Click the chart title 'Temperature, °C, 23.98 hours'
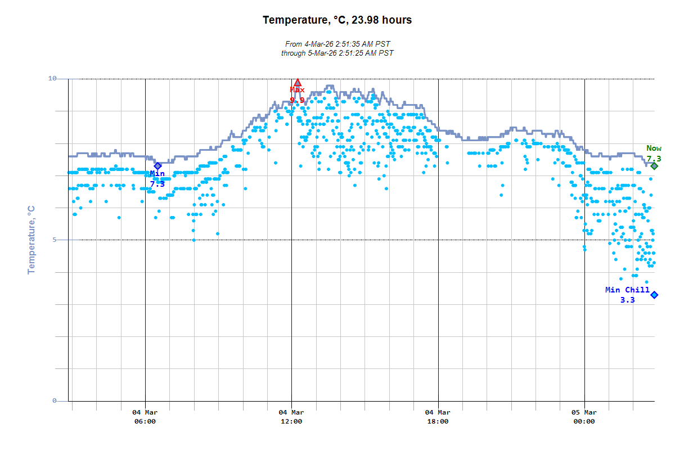(x=337, y=20)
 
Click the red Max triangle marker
(x=298, y=83)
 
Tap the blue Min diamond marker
(x=158, y=165)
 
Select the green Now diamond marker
(x=654, y=166)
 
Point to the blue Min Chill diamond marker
(x=654, y=295)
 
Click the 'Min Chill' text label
(x=627, y=290)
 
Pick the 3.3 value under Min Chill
(x=627, y=300)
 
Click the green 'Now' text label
(x=654, y=148)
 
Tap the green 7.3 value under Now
(x=654, y=159)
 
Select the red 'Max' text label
(x=297, y=90)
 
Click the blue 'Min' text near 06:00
(x=157, y=174)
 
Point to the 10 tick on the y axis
(x=52, y=79)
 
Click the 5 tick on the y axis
(x=55, y=240)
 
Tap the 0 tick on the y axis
(x=55, y=401)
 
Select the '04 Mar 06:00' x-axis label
(x=145, y=417)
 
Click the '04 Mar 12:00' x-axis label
(x=291, y=417)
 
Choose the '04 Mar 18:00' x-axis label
(x=438, y=417)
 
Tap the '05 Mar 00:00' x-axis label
(x=584, y=417)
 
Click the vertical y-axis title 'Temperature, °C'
(x=31, y=240)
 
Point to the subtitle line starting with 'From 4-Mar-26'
(x=337, y=44)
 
